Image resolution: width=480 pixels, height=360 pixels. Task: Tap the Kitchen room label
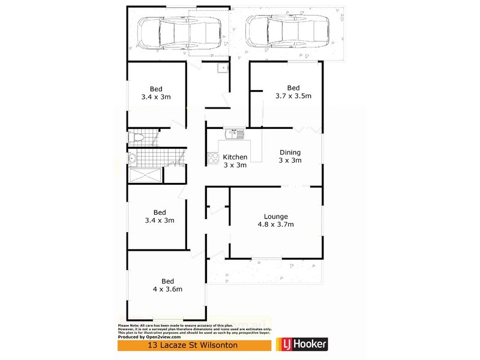pos(235,157)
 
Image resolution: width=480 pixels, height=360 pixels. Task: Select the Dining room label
pos(290,152)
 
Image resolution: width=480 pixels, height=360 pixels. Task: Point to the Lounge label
pos(276,217)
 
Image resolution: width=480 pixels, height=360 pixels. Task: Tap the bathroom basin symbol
pos(131,159)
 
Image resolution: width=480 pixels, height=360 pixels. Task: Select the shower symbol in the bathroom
pos(145,176)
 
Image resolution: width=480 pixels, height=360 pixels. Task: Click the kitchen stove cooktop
pos(212,158)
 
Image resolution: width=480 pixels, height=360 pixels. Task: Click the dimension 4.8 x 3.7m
pos(276,224)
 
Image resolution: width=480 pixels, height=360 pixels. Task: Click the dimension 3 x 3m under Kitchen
pos(235,165)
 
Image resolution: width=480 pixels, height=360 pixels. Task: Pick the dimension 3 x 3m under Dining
pos(290,160)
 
